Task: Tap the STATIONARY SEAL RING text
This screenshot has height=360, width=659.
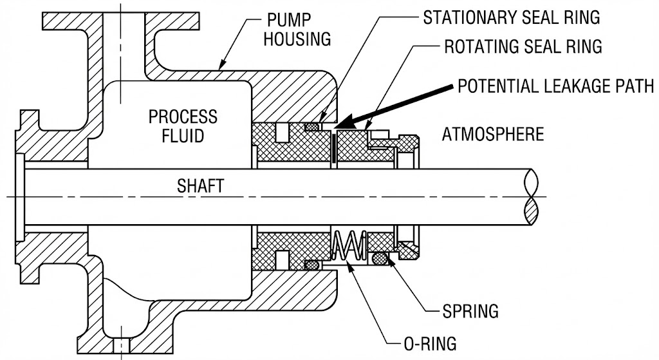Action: [512, 17]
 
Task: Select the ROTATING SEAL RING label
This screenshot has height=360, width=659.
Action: [523, 47]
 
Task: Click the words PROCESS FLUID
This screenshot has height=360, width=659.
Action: [183, 126]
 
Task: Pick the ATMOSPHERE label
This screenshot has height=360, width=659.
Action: [493, 135]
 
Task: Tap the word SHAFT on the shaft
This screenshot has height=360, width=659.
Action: [201, 187]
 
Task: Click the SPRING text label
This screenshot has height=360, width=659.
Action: [470, 312]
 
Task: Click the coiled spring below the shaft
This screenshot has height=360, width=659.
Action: [349, 245]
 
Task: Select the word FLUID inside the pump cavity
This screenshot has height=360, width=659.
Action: [183, 137]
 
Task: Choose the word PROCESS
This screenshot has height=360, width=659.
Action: [183, 117]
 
